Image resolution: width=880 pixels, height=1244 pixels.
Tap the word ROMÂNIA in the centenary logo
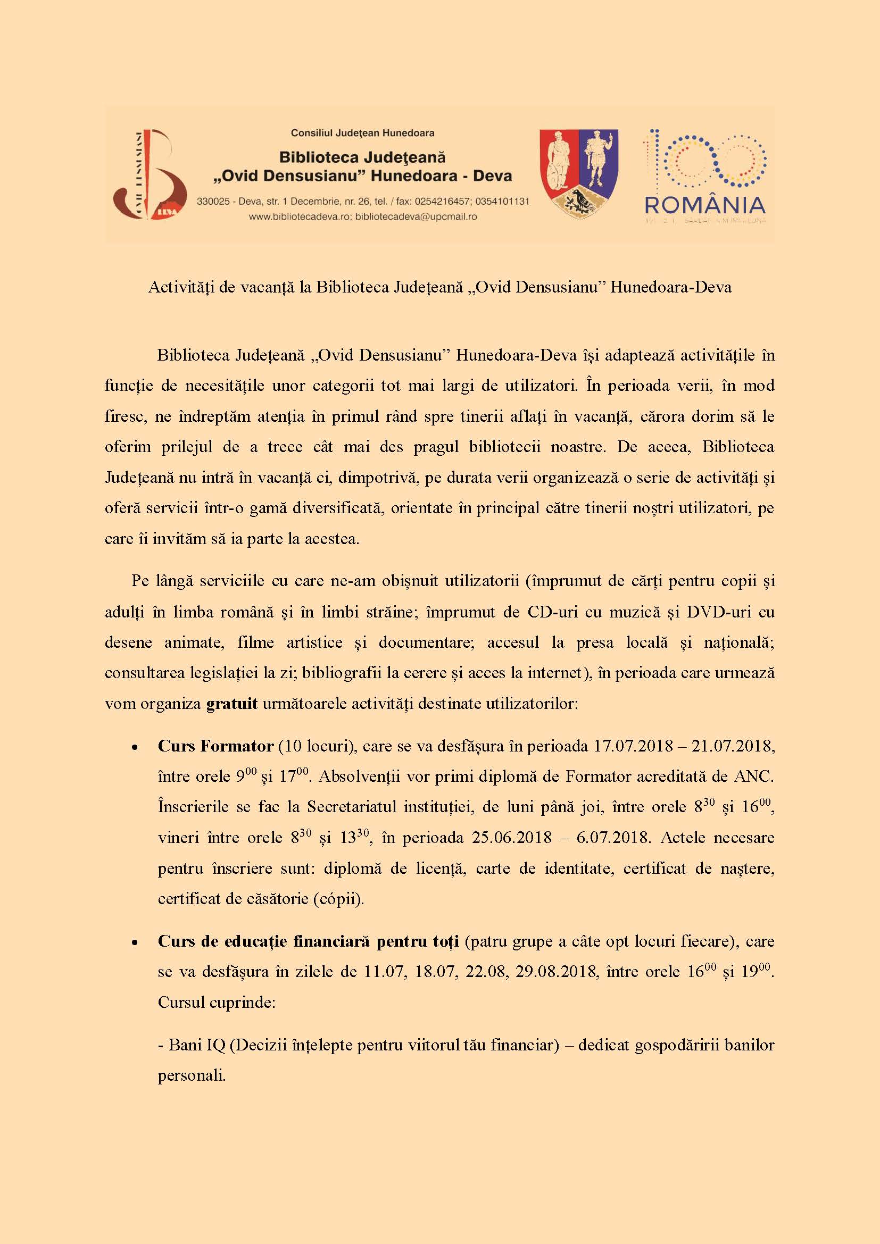705,206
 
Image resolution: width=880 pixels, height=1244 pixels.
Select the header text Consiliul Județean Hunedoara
362,133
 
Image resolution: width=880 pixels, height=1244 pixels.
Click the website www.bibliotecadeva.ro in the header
300,216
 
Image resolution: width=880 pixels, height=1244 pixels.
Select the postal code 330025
213,202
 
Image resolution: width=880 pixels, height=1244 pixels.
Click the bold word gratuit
232,704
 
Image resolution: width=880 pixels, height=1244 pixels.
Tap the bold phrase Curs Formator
215,746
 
